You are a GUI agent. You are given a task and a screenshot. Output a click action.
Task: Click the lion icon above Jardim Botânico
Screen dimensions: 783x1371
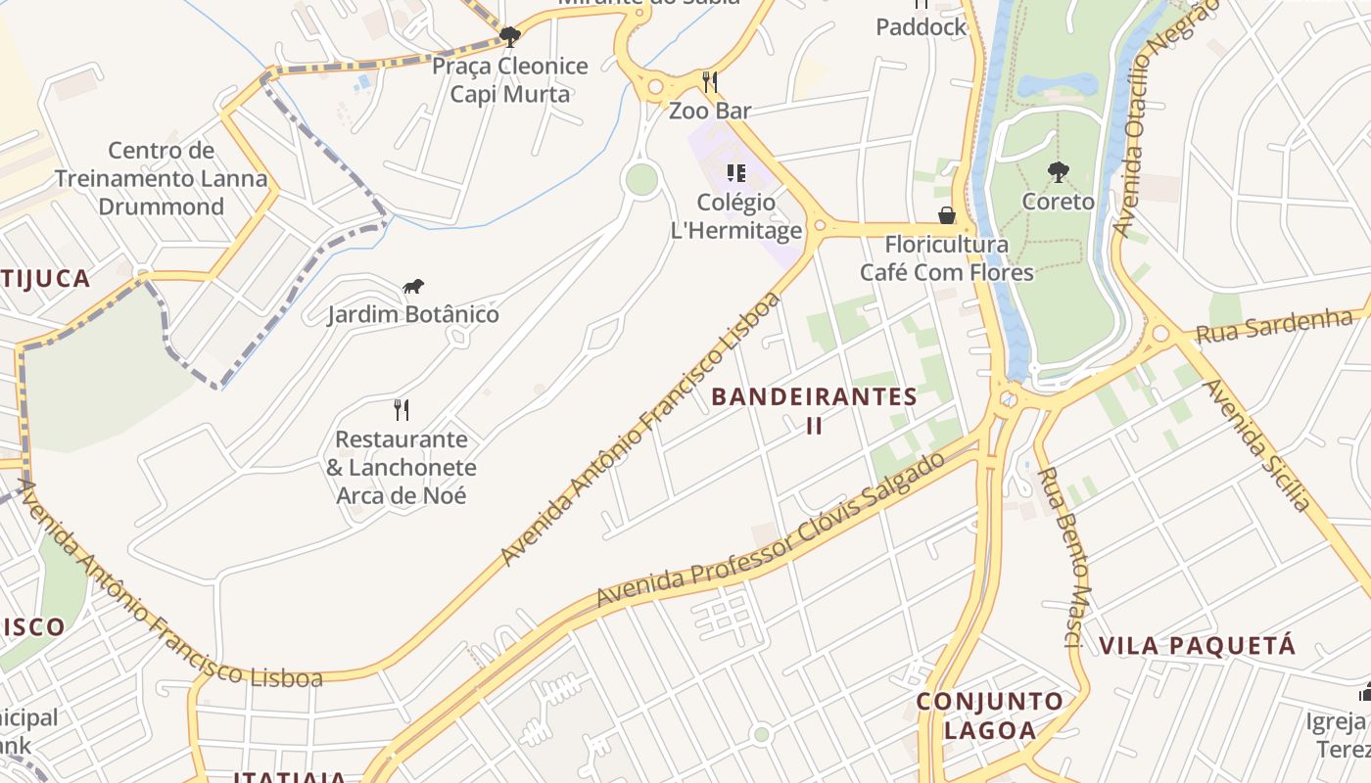tap(413, 287)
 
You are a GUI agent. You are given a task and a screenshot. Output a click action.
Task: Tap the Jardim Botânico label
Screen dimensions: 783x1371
tap(412, 314)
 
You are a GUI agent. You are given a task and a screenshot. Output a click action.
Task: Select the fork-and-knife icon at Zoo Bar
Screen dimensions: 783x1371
tap(710, 81)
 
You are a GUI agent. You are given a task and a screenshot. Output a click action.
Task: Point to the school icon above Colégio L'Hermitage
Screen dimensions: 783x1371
tap(735, 173)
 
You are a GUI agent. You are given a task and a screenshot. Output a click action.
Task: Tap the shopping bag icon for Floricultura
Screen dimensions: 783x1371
tap(946, 214)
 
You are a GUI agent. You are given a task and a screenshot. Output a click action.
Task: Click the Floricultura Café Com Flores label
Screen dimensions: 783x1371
tap(946, 257)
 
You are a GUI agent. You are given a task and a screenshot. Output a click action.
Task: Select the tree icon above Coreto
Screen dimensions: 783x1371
tap(1058, 172)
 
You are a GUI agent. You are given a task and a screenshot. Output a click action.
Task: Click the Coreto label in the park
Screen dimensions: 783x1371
tap(1058, 202)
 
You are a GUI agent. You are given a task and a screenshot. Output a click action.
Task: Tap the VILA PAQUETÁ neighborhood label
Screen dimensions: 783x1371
tap(1197, 646)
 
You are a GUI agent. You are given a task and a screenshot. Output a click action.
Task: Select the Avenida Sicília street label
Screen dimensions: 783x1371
tap(1256, 444)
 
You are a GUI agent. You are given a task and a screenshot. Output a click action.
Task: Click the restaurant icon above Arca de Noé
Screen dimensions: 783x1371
tap(401, 409)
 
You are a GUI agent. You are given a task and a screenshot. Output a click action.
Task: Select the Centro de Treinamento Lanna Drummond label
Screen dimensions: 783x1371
tap(161, 178)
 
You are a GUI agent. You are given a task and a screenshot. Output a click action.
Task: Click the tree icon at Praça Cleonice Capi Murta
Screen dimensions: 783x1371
tap(509, 37)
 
